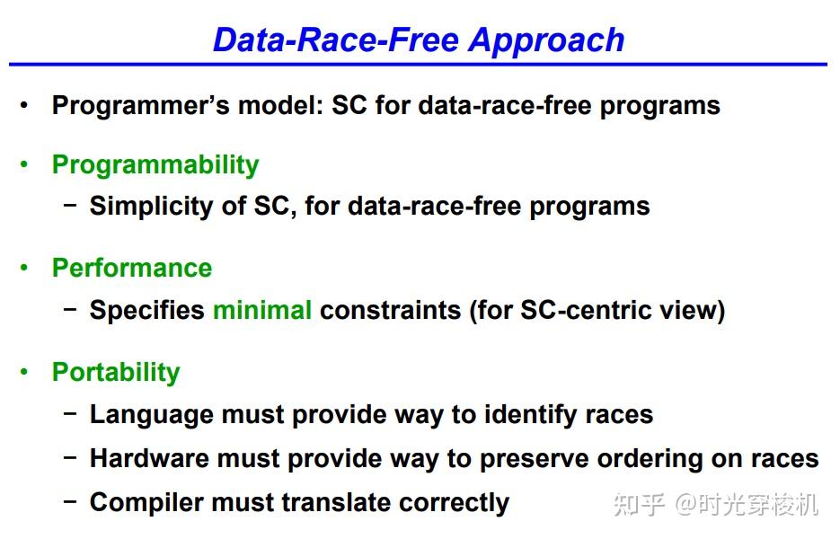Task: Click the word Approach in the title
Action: (547, 41)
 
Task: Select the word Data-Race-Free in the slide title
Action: (336, 40)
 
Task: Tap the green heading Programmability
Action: (155, 165)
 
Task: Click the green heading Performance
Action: (132, 268)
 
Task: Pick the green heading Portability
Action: (116, 373)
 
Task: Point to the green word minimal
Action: (262, 310)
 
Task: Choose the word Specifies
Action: (146, 311)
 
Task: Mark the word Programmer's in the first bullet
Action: (141, 106)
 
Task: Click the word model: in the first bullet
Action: (280, 105)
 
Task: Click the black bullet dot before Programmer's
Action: (23, 104)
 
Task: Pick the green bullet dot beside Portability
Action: (23, 371)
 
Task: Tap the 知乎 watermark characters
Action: (640, 504)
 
